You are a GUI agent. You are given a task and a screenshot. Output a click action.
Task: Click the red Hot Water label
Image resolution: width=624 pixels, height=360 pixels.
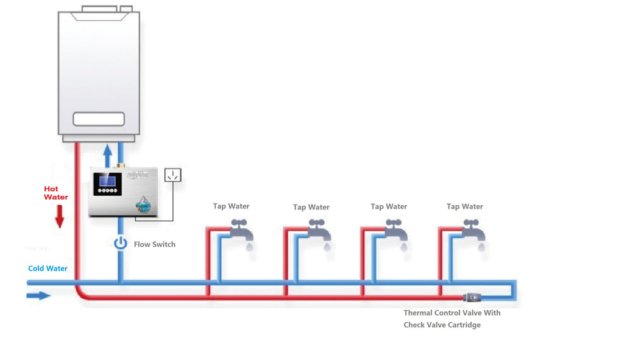coord(56,193)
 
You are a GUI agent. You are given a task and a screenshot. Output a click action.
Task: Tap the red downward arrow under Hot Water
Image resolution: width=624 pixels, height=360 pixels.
coord(59,217)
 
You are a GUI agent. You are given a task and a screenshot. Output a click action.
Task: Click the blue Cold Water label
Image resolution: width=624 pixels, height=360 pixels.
coord(48,269)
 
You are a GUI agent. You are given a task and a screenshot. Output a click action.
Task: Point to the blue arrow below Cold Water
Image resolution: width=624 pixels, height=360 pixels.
coord(38,295)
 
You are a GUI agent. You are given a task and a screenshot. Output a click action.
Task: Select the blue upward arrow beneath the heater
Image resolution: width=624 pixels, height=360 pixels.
coord(108,155)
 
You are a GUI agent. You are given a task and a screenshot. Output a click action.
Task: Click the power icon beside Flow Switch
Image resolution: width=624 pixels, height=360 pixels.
coord(121,244)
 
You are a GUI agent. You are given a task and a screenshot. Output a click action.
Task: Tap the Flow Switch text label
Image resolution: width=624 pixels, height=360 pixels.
coord(155,244)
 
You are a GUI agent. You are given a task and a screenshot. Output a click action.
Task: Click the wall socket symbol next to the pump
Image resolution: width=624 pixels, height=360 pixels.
coord(173,176)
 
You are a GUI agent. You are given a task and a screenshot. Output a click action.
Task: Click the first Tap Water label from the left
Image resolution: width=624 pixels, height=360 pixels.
coord(231,206)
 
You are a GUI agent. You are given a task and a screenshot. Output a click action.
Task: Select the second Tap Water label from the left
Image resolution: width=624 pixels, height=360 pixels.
coord(311,207)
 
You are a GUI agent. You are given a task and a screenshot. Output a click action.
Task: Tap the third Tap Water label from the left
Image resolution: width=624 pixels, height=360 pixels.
coord(389,206)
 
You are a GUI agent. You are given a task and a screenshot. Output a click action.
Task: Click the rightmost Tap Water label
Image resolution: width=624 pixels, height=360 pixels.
coord(464,206)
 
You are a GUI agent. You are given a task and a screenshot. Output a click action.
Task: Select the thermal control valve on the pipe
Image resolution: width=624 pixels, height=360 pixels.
coord(472,297)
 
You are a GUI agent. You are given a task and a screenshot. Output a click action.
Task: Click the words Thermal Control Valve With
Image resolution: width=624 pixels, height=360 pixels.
coord(452,313)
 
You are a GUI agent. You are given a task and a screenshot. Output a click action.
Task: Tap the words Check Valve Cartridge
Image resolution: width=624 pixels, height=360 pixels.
coord(442,325)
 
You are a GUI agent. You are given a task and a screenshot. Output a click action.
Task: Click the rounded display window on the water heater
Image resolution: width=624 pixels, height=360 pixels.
coord(99,119)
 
